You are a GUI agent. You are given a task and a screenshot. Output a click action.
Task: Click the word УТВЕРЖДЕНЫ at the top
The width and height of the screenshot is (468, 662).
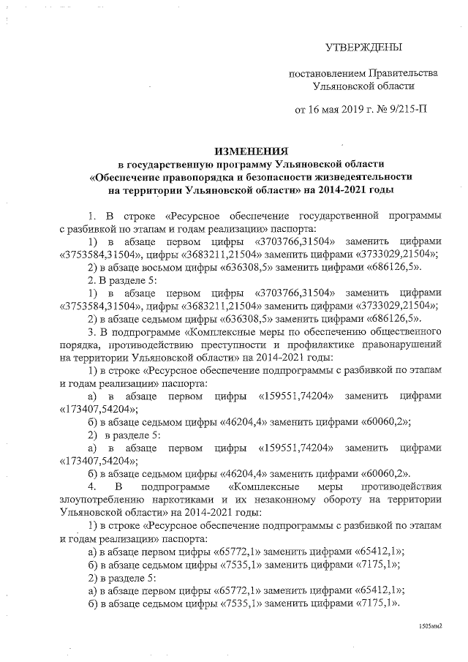click(x=363, y=48)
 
